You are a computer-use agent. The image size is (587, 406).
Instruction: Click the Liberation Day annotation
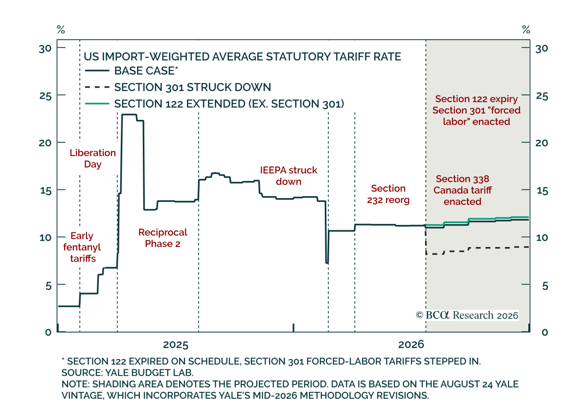point(92,158)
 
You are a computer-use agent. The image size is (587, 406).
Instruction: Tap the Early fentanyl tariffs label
point(82,247)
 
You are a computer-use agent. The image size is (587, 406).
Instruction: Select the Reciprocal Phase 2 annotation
point(163,238)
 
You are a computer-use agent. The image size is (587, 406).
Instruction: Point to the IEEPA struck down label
point(289,176)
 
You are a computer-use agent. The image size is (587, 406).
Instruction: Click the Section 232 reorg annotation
point(388,194)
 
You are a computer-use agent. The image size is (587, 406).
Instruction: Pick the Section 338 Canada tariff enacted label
point(463,190)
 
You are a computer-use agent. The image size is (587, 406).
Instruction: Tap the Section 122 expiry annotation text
point(476,99)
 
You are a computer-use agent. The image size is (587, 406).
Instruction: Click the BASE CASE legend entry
point(132,71)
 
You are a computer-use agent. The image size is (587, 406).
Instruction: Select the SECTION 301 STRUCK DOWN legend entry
point(178,87)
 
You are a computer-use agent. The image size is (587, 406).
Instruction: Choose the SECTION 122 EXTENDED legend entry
point(215,104)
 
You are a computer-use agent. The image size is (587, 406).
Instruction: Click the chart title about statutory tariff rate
point(242,57)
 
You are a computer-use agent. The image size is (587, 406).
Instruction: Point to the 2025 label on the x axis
point(176,345)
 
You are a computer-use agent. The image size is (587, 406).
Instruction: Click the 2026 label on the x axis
point(411,344)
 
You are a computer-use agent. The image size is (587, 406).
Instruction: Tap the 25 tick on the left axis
point(45,96)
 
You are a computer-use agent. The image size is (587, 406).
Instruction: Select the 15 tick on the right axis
point(542,191)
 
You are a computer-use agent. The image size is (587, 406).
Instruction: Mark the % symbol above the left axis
point(61,30)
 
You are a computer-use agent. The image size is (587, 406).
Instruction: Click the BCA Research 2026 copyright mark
point(467,315)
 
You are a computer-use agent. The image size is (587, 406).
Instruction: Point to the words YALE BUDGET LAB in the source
point(149,372)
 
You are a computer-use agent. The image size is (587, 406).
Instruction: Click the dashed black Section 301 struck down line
point(477,248)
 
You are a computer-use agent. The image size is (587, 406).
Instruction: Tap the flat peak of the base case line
point(129,114)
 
